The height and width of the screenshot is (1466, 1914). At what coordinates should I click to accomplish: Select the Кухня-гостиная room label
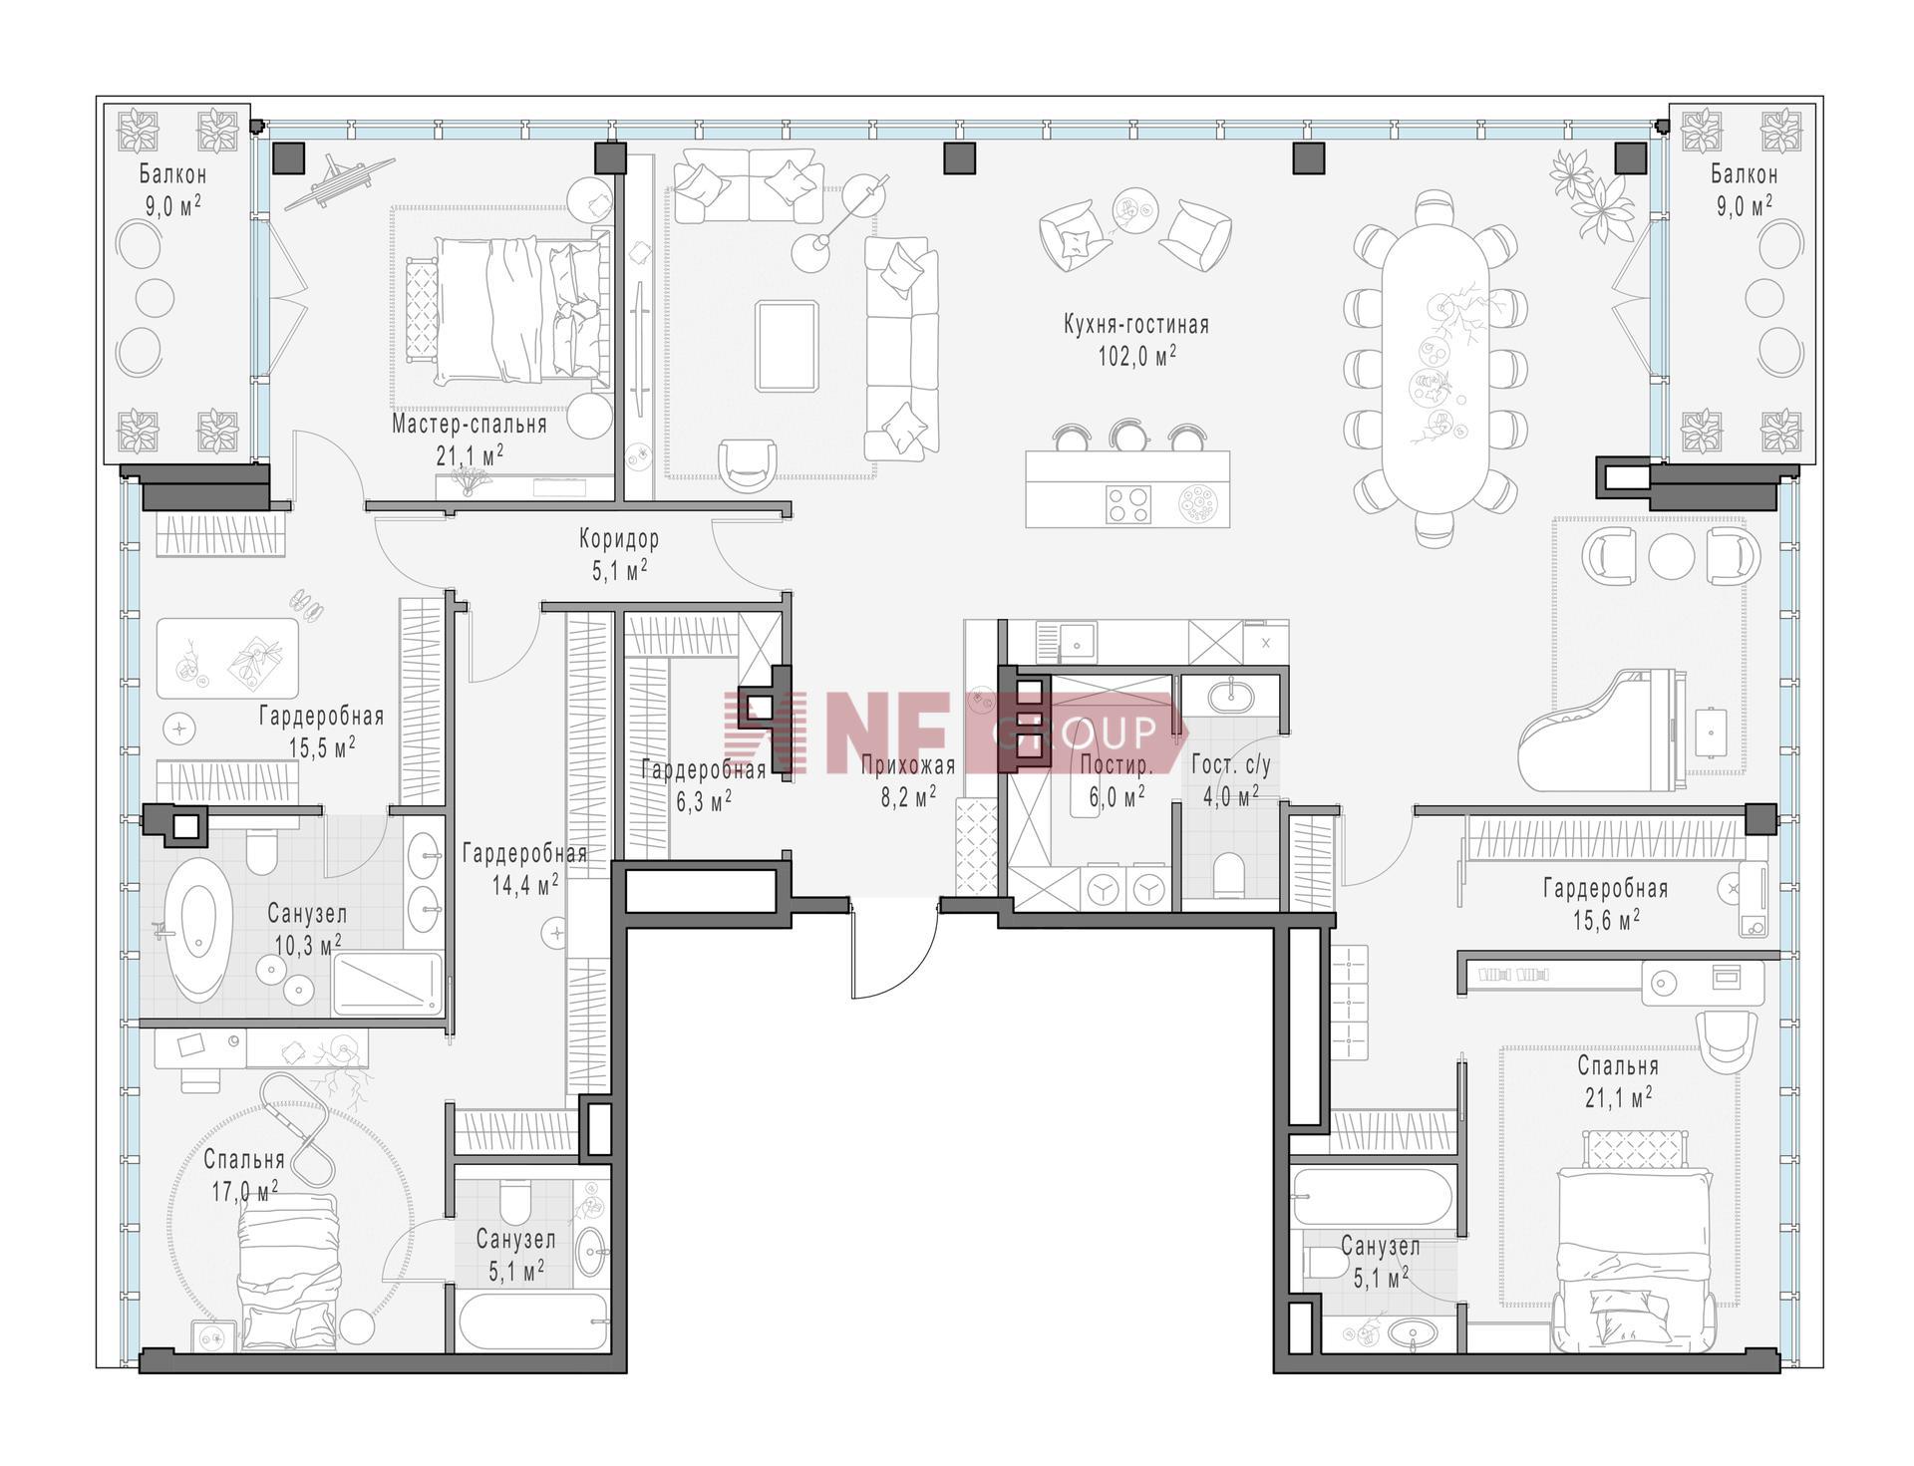[1136, 325]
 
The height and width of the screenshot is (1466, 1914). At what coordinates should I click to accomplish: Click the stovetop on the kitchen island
[1130, 503]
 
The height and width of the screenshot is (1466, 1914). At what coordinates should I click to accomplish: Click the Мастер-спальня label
[469, 425]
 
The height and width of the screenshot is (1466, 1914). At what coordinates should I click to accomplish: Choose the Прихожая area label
[907, 765]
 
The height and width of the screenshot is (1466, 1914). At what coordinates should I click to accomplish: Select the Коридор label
[619, 539]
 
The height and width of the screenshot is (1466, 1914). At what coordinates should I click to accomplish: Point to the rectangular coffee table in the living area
[787, 347]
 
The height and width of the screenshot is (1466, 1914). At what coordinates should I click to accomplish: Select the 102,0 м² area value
[1136, 356]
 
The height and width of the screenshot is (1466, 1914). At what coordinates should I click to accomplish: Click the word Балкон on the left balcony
[172, 175]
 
